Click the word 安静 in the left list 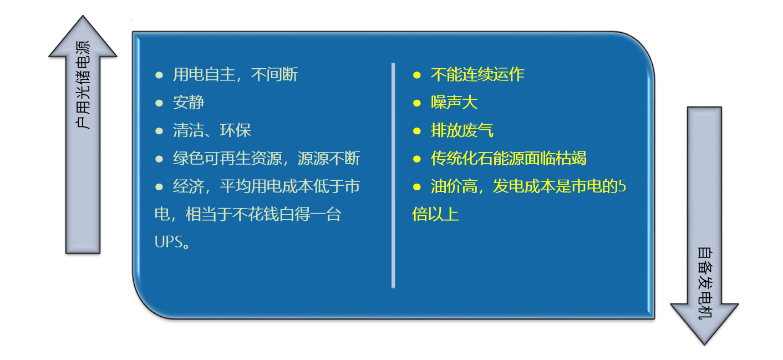click(189, 103)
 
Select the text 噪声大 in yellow click(454, 103)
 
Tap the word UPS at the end click(169, 242)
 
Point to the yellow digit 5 click(622, 186)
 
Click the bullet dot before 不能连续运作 click(416, 75)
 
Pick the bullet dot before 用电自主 click(159, 75)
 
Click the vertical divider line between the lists click(393, 175)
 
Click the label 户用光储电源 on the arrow click(83, 85)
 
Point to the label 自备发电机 click(705, 283)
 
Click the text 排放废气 click(462, 130)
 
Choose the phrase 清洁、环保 click(212, 130)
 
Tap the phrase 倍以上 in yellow click(435, 214)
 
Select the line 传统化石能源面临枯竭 click(509, 158)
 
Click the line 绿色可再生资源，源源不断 click(266, 158)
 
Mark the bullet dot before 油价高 click(416, 187)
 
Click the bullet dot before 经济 click(159, 187)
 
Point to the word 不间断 click(274, 74)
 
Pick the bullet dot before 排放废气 click(416, 131)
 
